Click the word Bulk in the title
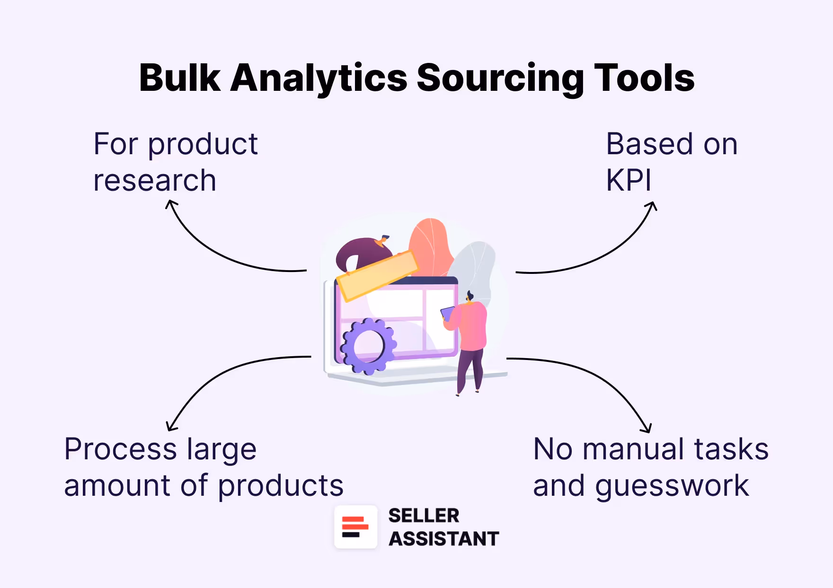pos(180,78)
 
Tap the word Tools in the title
pos(644,78)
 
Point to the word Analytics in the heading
pos(319,78)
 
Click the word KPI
pos(629,180)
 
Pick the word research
pos(155,180)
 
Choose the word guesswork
pos(672,486)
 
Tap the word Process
pos(121,449)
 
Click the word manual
pos(634,449)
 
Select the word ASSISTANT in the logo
pos(443,539)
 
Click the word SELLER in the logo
pos(424,516)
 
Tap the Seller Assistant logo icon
pos(355,527)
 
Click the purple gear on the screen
pos(368,346)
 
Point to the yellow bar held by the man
pos(377,275)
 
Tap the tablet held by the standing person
pos(447,313)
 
